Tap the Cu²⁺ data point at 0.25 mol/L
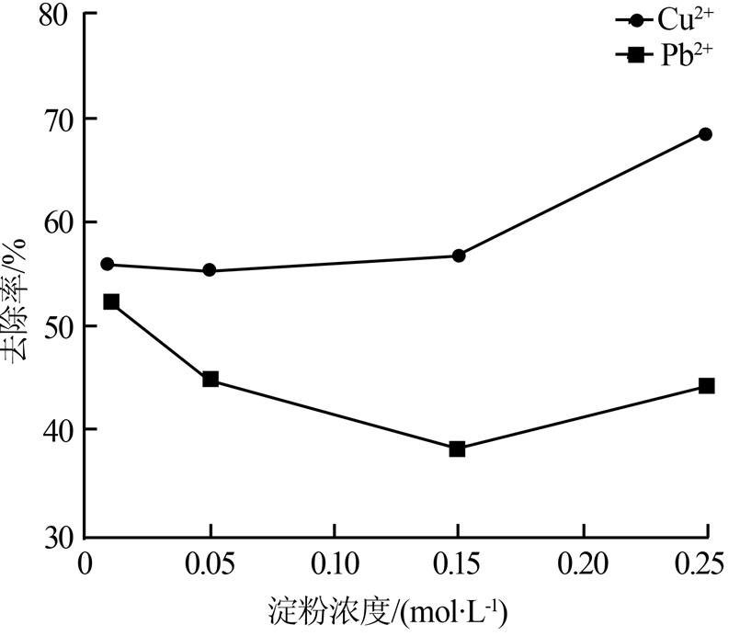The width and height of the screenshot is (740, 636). point(705,134)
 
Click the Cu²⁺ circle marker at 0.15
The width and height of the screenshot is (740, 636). point(458,256)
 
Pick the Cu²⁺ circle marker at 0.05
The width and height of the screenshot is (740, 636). point(210,270)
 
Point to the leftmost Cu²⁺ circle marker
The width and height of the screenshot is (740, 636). point(108,265)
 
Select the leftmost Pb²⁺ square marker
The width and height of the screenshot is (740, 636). point(111,301)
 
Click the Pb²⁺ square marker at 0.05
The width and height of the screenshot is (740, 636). point(211,380)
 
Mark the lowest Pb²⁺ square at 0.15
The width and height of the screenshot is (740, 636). point(457,449)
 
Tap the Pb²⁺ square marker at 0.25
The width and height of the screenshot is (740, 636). point(706,386)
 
